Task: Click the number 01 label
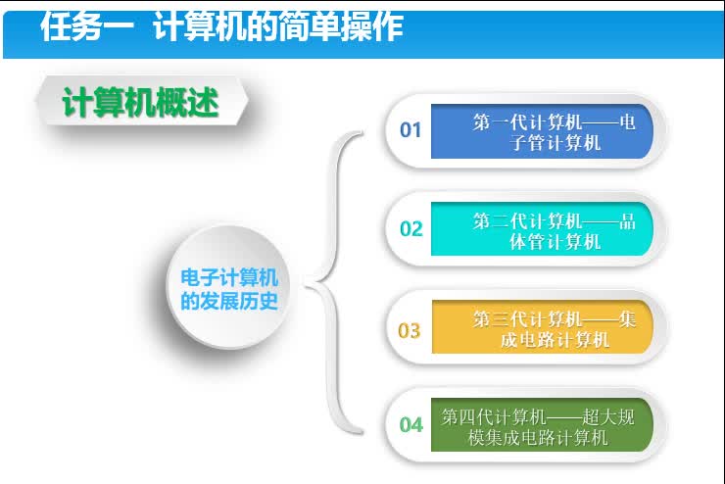(x=411, y=129)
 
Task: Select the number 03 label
(x=410, y=330)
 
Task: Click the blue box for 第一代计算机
(x=541, y=131)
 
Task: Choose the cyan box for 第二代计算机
(x=541, y=229)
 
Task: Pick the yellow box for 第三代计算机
(x=541, y=327)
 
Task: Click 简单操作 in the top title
(x=341, y=26)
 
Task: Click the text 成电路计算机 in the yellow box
(x=555, y=339)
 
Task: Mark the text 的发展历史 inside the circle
(x=229, y=302)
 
